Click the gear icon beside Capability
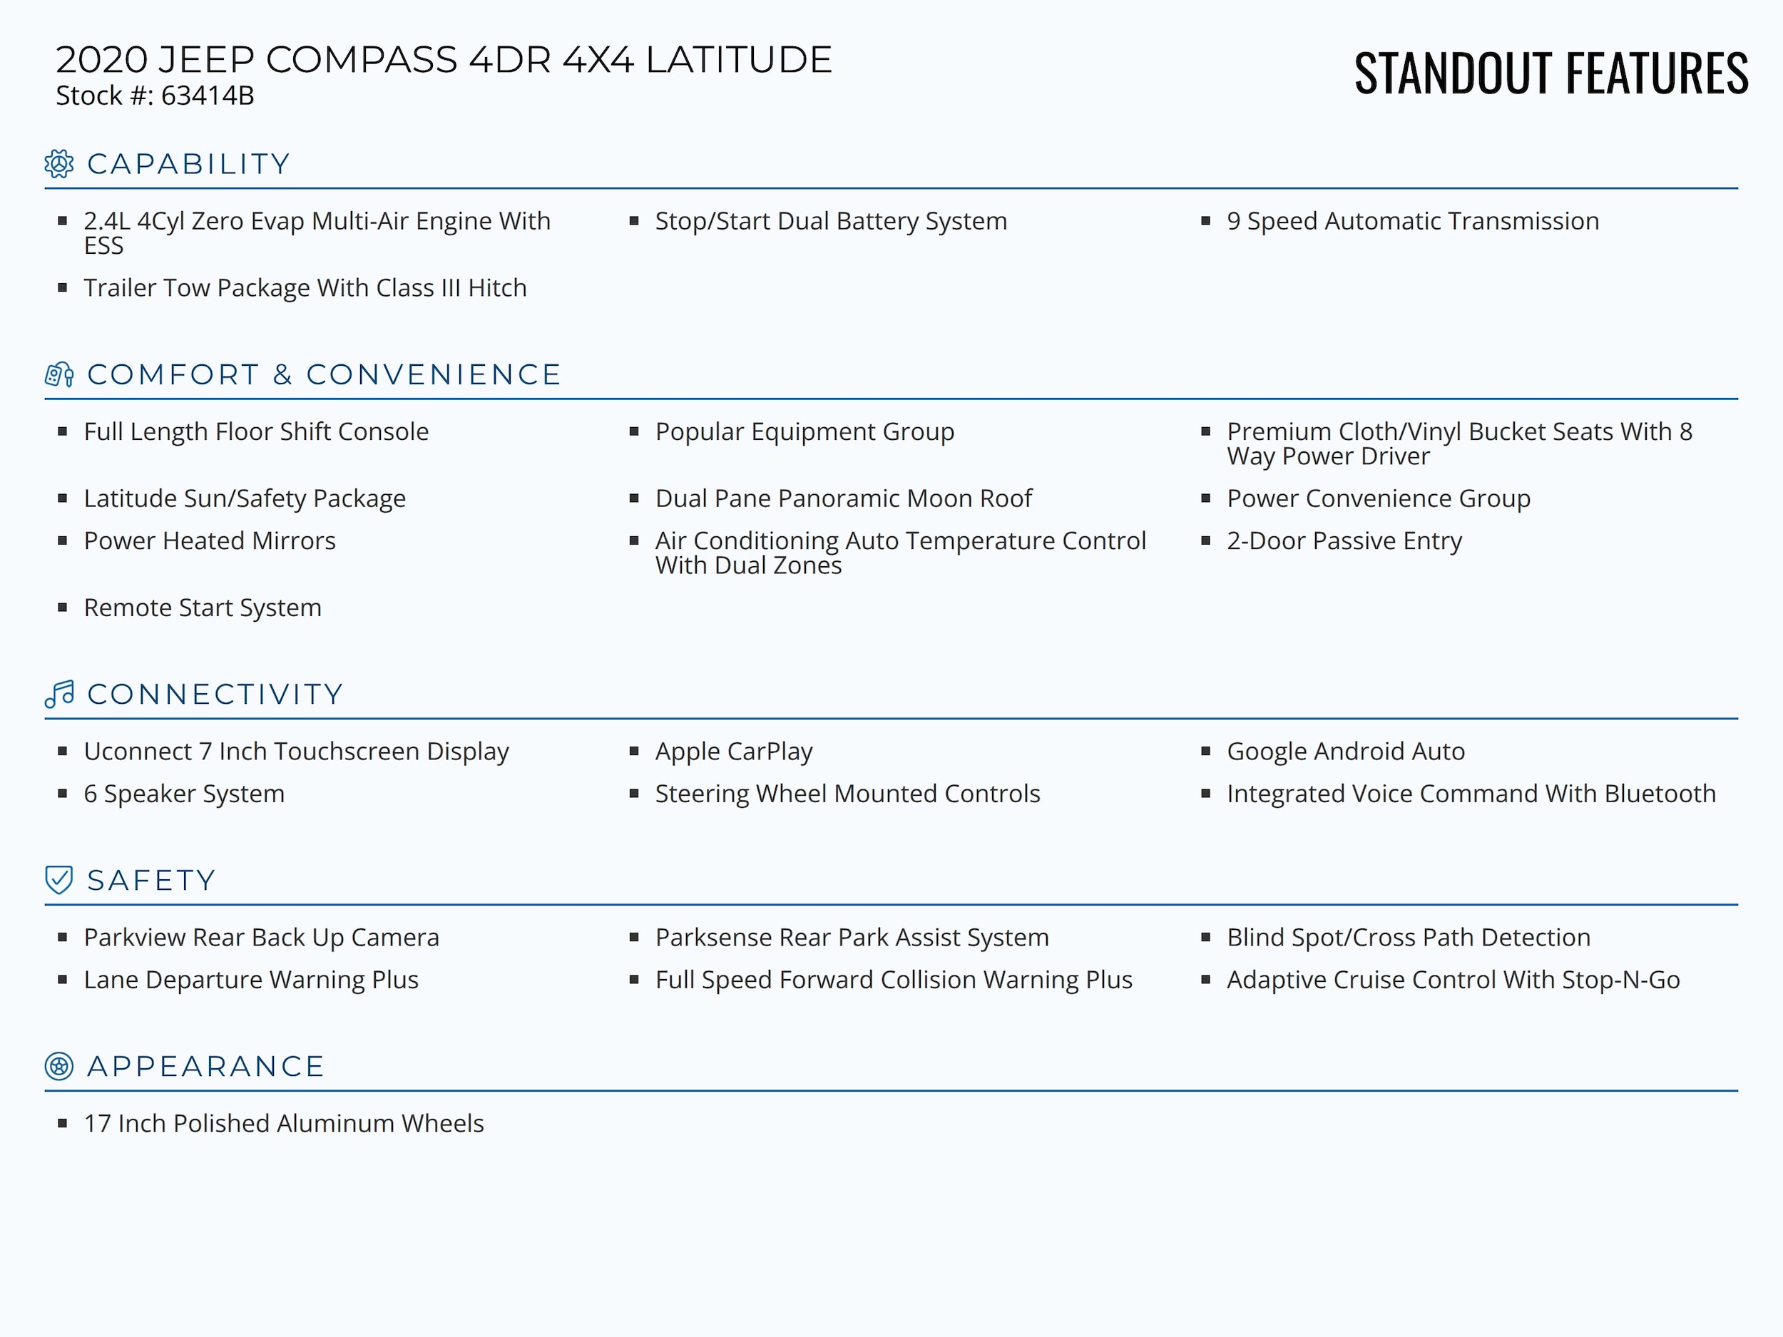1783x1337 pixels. click(59, 163)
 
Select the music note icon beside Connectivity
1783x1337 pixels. click(59, 694)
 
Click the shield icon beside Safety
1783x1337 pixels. click(59, 880)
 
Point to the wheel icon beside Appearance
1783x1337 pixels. click(59, 1066)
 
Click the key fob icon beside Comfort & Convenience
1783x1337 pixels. click(59, 375)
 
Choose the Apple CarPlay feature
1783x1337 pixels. click(733, 751)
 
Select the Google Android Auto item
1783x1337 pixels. click(1345, 751)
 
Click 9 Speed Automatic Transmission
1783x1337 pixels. click(1412, 221)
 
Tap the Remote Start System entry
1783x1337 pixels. click(203, 608)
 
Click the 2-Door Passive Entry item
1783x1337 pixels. click(1344, 541)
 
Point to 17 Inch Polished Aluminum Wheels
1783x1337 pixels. click(284, 1123)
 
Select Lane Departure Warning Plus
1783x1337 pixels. click(250, 980)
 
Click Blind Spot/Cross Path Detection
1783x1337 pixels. click(1408, 937)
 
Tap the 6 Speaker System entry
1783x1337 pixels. click(184, 794)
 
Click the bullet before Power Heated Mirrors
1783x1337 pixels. click(63, 541)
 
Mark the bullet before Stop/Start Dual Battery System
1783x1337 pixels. click(634, 221)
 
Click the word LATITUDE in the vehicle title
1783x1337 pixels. click(738, 61)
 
